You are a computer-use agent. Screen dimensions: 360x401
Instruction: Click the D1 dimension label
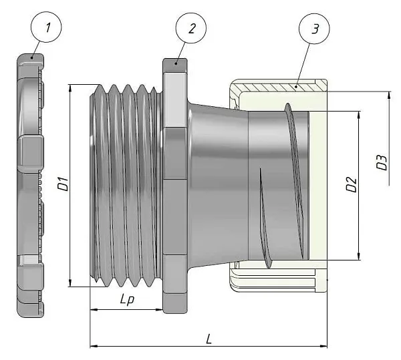click(62, 185)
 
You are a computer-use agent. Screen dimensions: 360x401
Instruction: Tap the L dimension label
click(209, 339)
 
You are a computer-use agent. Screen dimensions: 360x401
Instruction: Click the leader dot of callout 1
click(33, 58)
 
